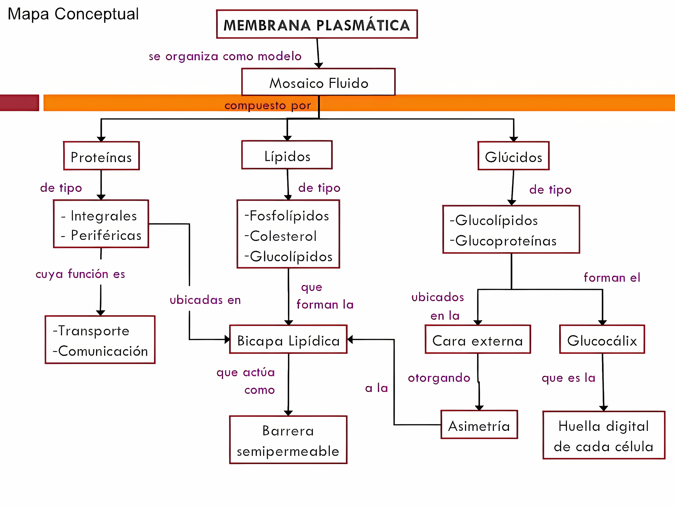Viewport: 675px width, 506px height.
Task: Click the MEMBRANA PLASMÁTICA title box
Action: [x=317, y=24]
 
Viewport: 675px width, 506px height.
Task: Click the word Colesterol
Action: [x=283, y=236]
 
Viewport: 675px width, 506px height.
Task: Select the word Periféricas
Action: [x=106, y=235]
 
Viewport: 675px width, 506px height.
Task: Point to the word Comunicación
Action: [x=103, y=351]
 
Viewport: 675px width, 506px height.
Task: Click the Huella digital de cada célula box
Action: [x=604, y=436]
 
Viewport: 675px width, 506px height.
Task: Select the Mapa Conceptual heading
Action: [x=73, y=14]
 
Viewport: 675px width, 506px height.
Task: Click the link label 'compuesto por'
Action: [x=268, y=105]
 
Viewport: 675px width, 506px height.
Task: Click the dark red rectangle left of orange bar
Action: [x=19, y=103]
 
